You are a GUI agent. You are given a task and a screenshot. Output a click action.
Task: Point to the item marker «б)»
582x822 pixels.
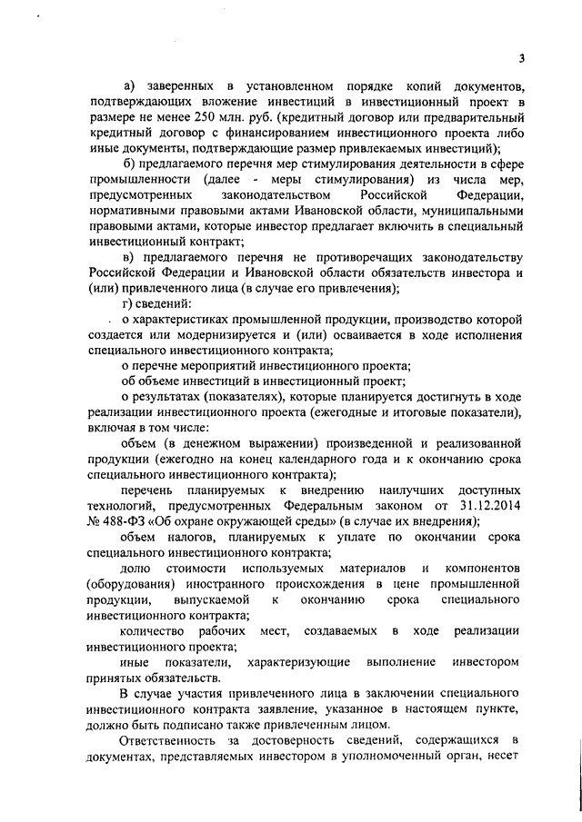coord(128,163)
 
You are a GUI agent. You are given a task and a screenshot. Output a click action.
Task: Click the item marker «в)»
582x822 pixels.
coord(128,257)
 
